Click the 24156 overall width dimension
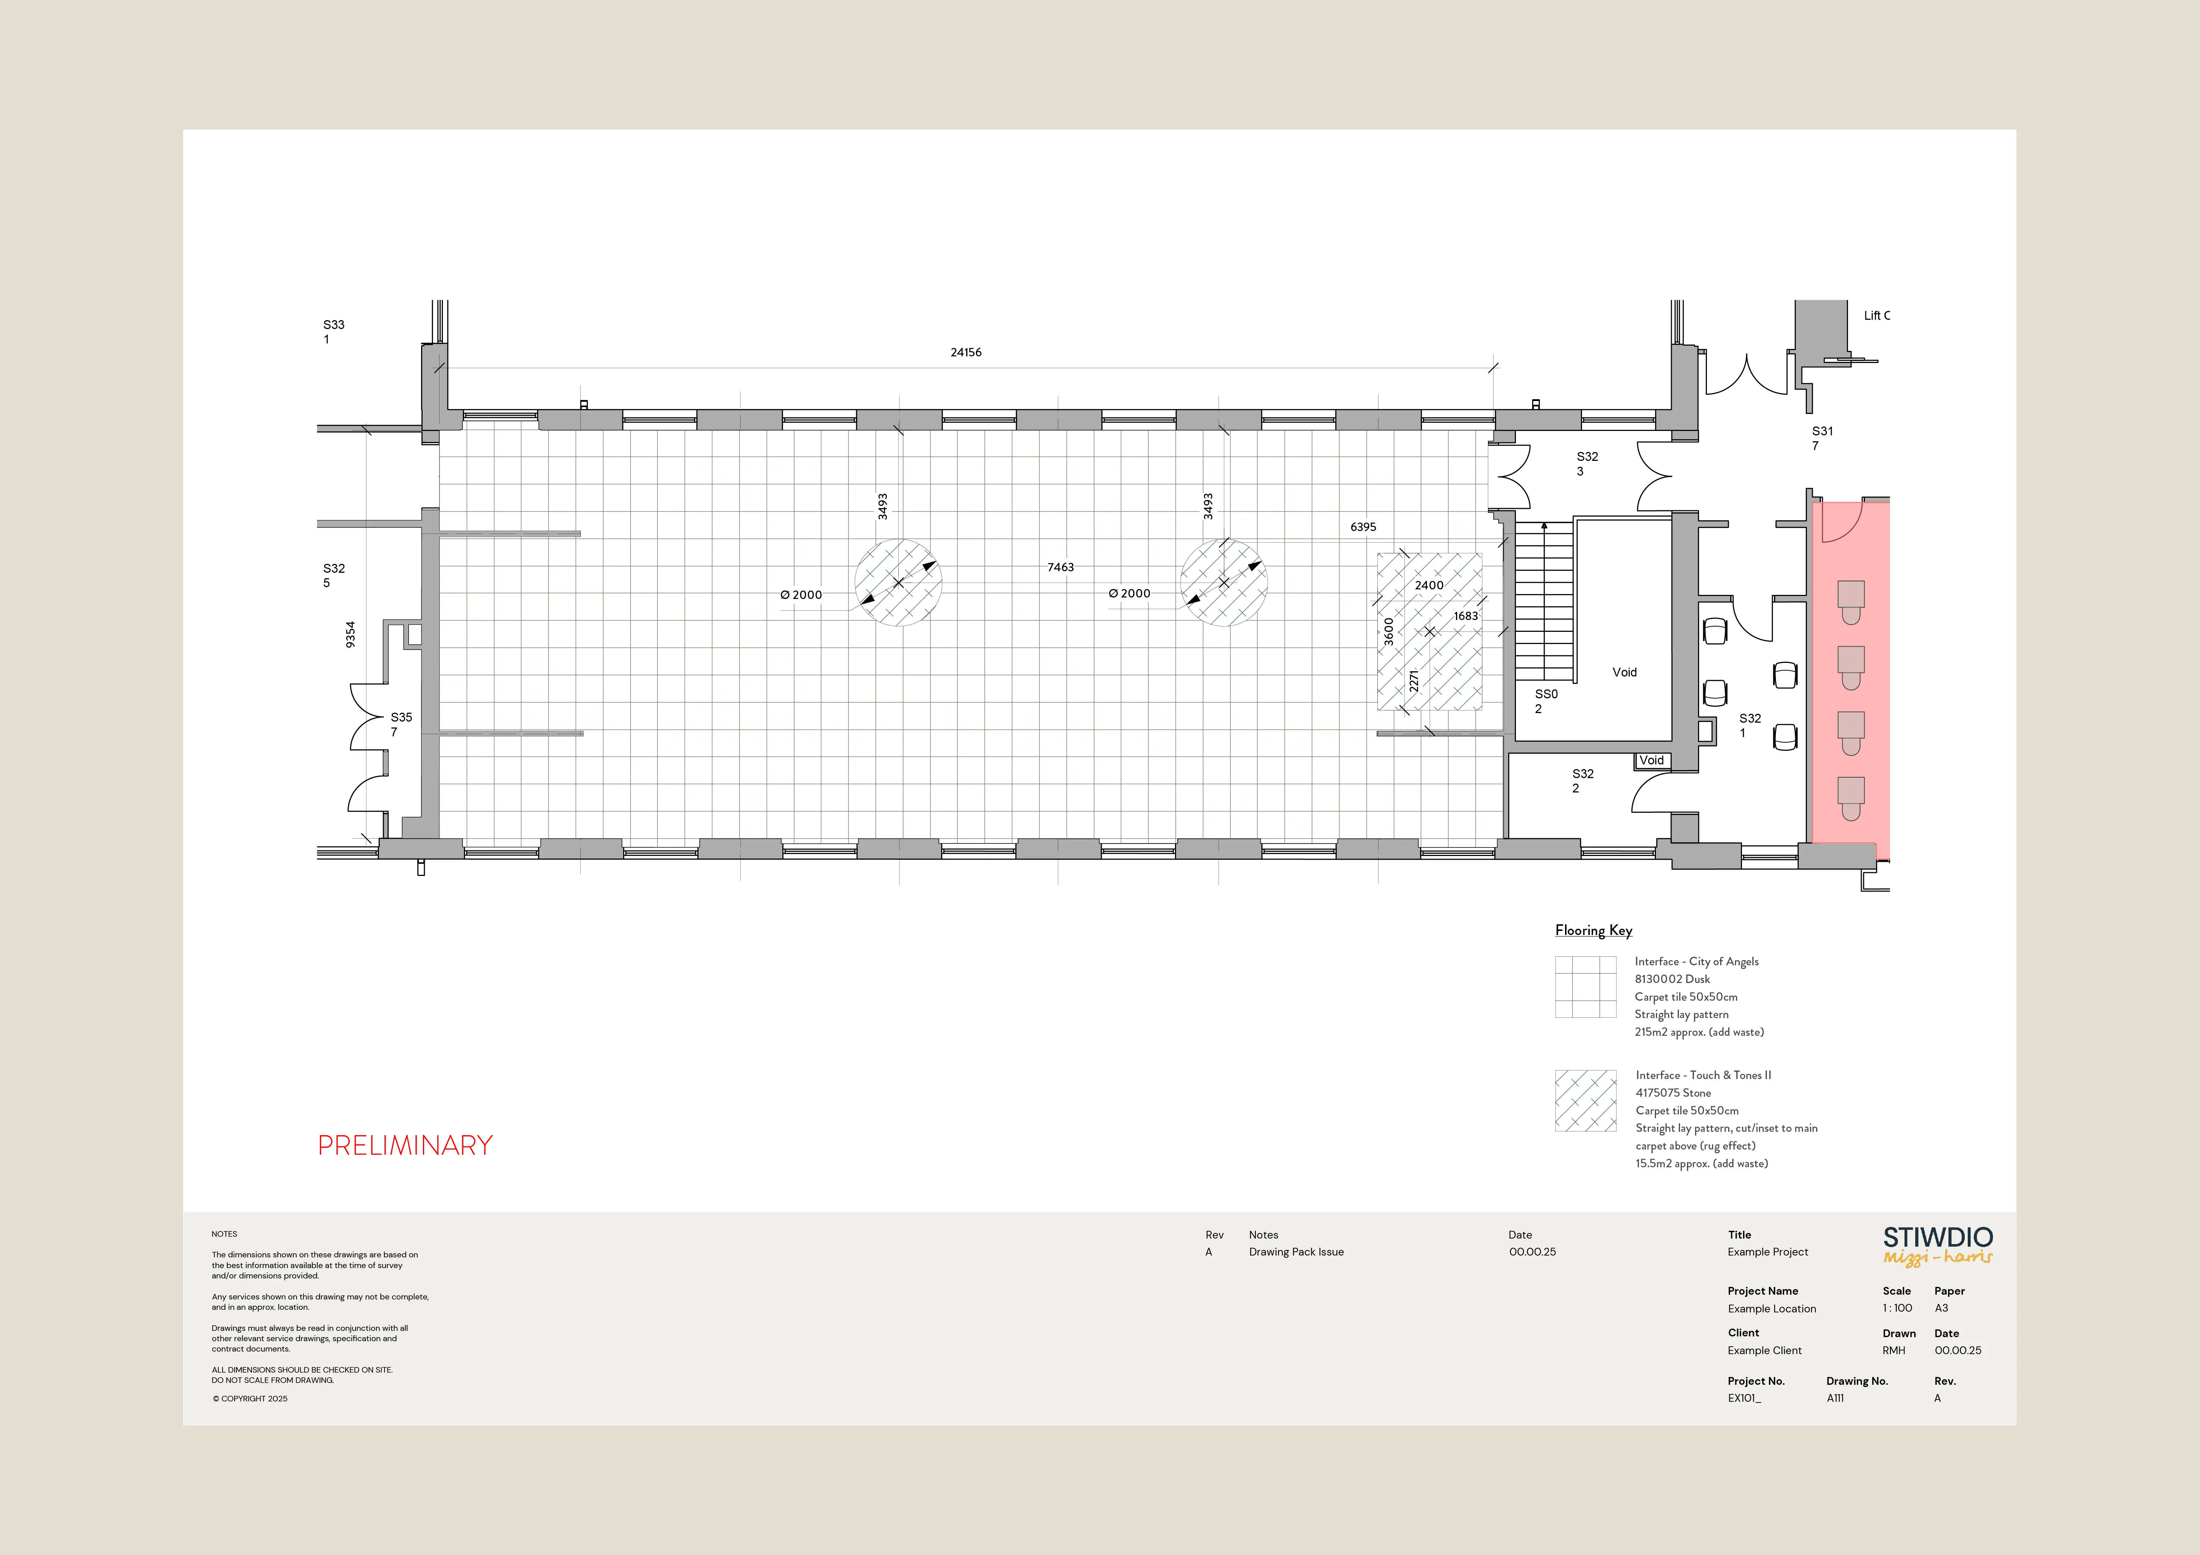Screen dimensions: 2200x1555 coord(966,353)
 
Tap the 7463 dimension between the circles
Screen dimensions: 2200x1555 coord(1061,567)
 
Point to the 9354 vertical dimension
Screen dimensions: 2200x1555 coord(351,634)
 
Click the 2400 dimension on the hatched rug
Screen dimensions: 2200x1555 coord(1429,585)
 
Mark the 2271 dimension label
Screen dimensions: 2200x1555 coord(1413,680)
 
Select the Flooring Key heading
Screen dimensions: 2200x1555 coord(1593,930)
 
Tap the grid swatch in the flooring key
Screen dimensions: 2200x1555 coord(1585,987)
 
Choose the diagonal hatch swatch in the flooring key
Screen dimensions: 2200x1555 coord(1585,1101)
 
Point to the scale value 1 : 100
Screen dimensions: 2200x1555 coord(1897,1308)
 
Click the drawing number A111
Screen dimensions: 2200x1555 coord(1835,1398)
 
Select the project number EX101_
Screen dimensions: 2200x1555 coord(1744,1398)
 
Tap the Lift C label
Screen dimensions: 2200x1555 coord(1876,315)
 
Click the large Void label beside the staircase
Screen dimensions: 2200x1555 coord(1624,672)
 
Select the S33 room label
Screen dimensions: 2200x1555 coord(334,325)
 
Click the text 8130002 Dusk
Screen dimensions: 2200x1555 coord(1672,979)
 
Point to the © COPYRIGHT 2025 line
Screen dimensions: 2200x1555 coord(250,1399)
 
